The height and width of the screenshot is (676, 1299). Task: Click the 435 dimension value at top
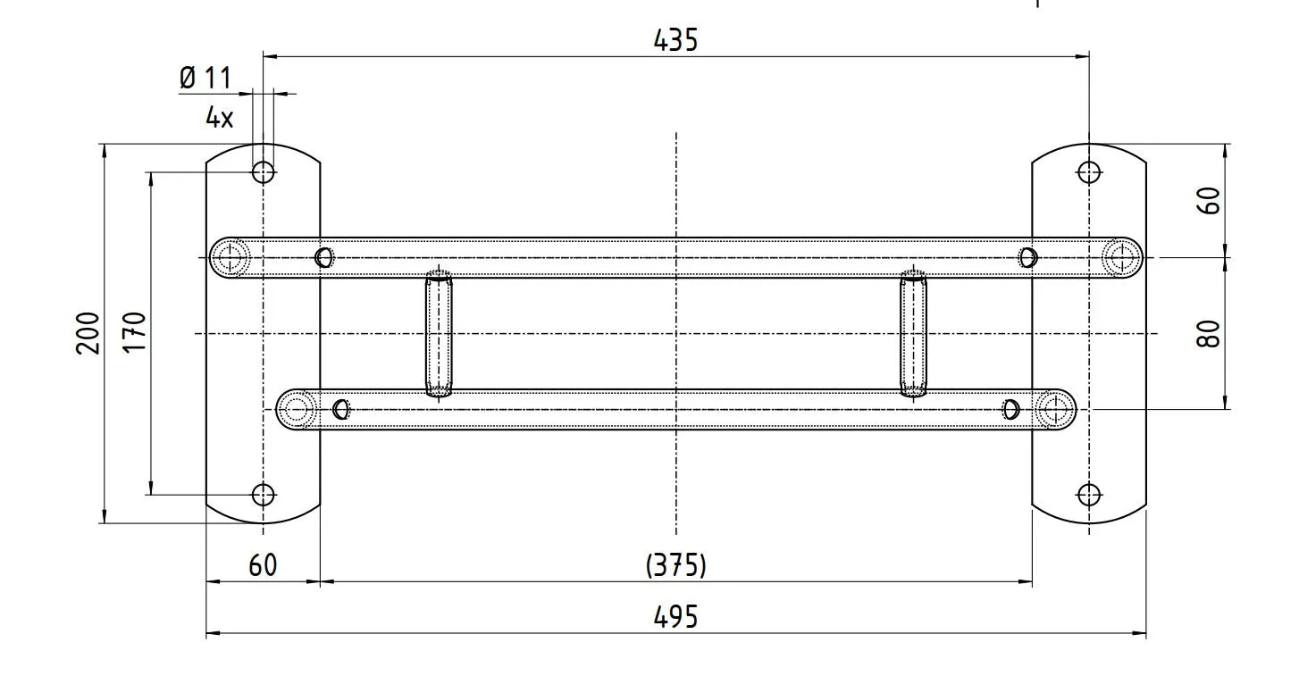coord(675,40)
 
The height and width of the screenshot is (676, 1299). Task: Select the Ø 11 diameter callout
coord(205,79)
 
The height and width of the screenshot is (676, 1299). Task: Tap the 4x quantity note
coord(219,118)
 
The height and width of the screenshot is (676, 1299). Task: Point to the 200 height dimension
coord(88,333)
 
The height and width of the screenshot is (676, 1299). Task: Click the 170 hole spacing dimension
coord(135,331)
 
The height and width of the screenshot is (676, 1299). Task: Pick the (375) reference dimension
coord(676,565)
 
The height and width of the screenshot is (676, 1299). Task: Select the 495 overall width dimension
coord(675,616)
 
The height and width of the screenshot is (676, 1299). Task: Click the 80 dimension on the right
coord(1209,333)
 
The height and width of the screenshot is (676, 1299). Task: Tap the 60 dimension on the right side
coord(1209,201)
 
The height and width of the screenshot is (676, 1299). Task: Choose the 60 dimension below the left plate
coord(263,565)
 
